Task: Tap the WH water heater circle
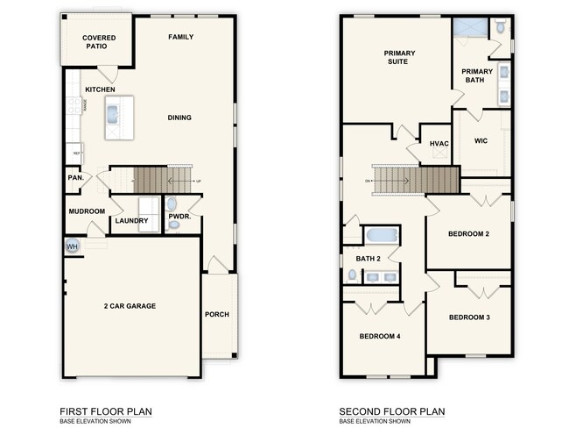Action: [x=71, y=247]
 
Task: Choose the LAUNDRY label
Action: [x=131, y=221]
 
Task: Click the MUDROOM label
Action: [x=87, y=211]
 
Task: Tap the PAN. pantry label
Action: [x=75, y=177]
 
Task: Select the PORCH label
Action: [x=217, y=315]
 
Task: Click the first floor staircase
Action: [x=150, y=180]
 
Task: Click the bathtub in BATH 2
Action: [x=382, y=235]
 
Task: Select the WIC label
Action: [x=481, y=140]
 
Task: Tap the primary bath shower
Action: [x=470, y=26]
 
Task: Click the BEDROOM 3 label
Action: [x=468, y=317]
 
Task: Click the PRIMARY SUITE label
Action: [x=399, y=58]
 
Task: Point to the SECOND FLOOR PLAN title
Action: [x=392, y=410]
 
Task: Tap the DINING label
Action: [x=179, y=118]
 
